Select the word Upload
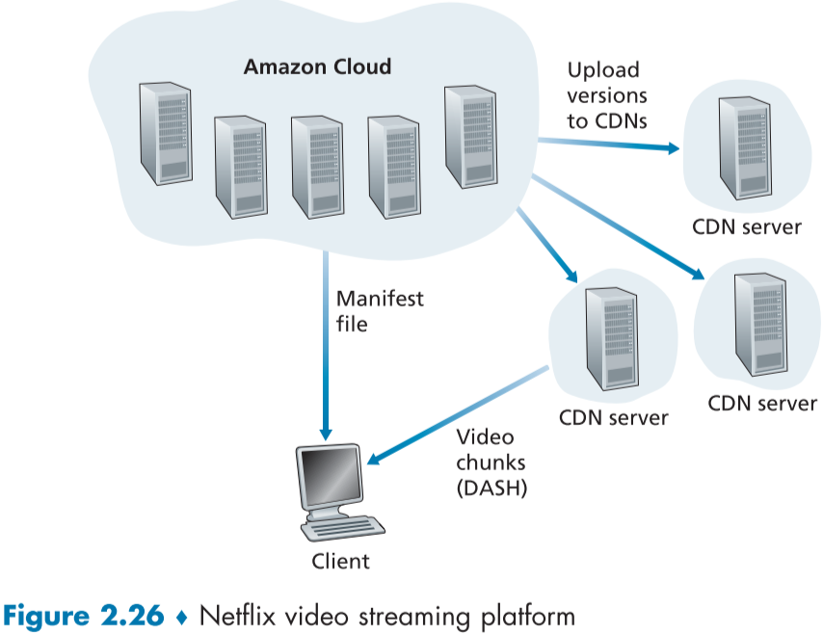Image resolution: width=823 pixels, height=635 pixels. point(602,70)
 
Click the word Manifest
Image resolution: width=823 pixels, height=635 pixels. point(380,298)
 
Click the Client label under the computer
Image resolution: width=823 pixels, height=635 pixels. point(340,560)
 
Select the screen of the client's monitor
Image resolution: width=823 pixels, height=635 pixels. point(327,478)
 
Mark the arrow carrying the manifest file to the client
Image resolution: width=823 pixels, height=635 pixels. point(326,347)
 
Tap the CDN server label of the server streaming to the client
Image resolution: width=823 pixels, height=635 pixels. point(613,418)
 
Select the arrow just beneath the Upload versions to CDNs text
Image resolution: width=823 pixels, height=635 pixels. point(607,146)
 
